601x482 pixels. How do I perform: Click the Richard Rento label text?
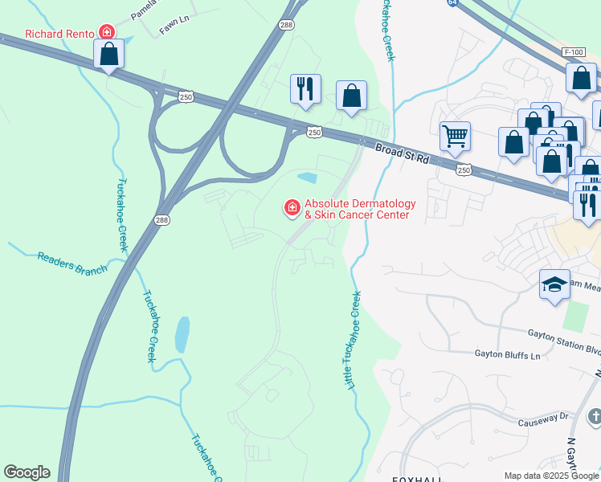pos(60,35)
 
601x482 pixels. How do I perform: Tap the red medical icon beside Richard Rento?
pos(106,33)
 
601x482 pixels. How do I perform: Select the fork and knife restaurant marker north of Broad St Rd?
pos(305,88)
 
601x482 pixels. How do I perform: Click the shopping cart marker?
pos(455,137)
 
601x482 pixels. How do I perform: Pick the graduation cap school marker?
pos(554,285)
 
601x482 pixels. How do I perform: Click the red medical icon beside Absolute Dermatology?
pos(292,208)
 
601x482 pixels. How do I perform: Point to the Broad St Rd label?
pos(402,152)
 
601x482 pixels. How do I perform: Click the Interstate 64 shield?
pos(453,3)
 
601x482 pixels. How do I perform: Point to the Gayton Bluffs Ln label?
pos(505,353)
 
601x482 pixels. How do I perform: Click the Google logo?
pos(27,472)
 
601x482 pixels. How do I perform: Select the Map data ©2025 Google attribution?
pos(550,476)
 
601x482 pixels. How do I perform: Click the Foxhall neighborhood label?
pos(418,479)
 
